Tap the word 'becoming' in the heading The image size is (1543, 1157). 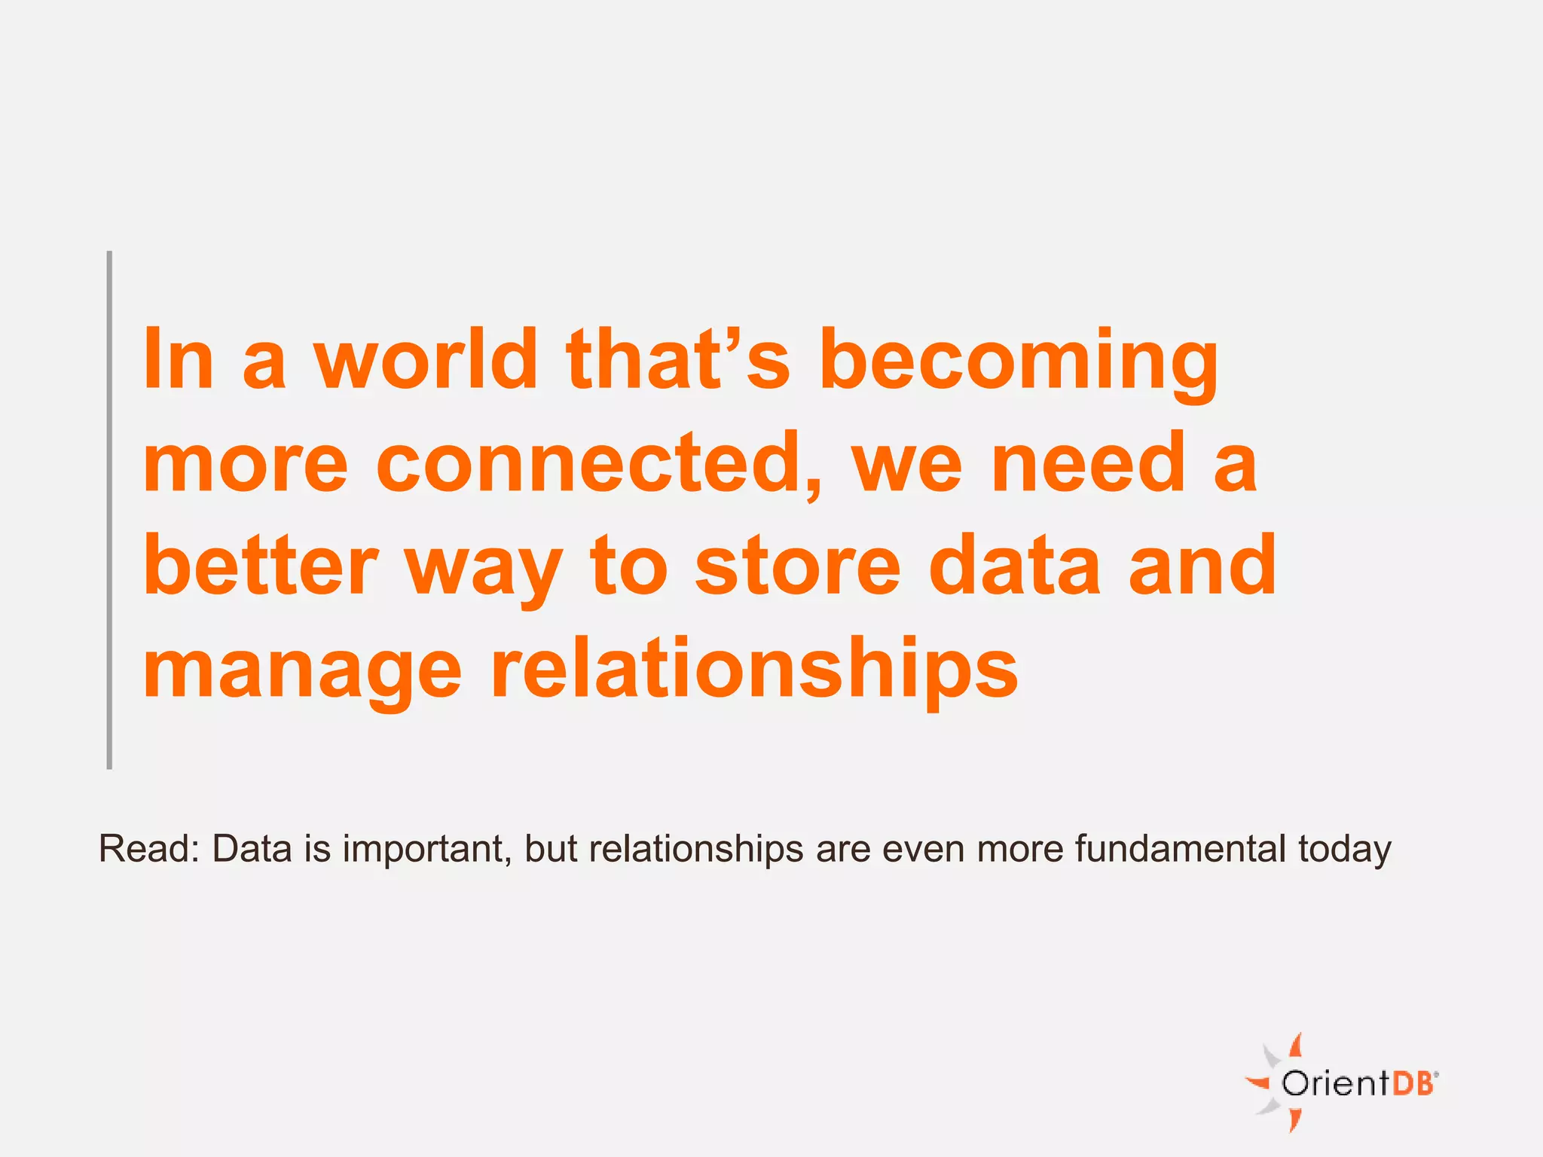pos(1018,362)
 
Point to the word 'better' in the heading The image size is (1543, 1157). pos(260,566)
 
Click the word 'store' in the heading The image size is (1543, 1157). pos(797,566)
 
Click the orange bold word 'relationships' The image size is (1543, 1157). pos(754,669)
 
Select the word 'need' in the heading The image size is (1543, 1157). pos(1089,462)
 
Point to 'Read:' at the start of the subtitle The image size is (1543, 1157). pos(149,849)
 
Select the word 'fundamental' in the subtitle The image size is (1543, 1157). pos(1180,849)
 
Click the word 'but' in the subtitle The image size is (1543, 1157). pos(551,849)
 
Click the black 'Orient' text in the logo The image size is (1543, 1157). pos(1334,1083)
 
